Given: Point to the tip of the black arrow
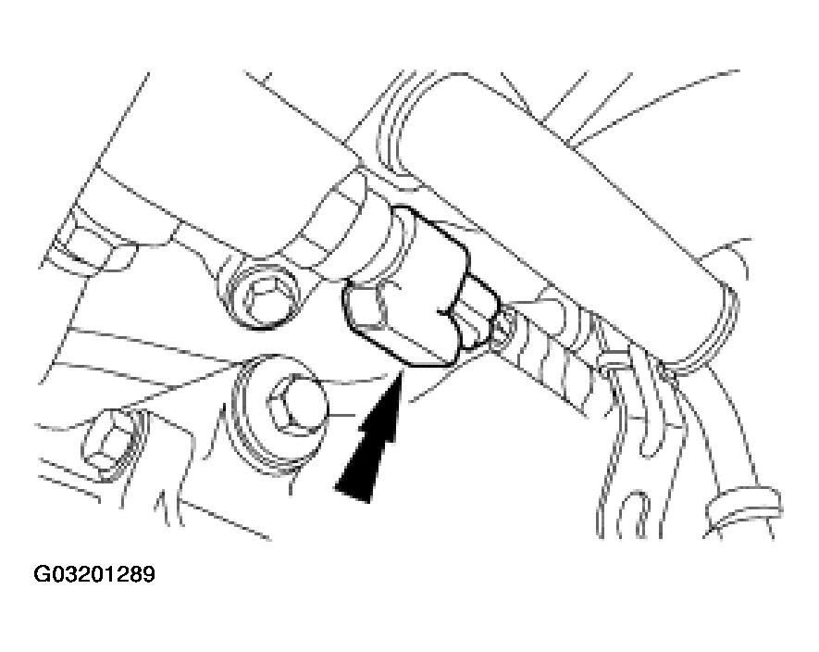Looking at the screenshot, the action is (400, 370).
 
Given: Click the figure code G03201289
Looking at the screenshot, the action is (94, 574).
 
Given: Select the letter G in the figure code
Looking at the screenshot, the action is (42, 574).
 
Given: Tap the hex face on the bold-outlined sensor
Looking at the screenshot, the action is (368, 308).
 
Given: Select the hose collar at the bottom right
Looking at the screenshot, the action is (744, 509).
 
